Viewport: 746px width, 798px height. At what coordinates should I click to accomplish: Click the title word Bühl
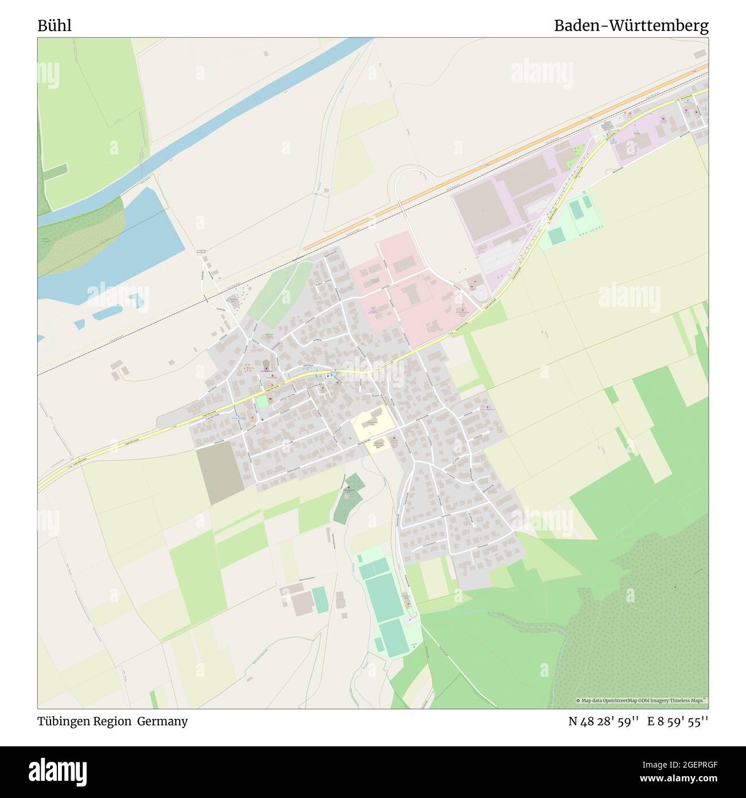tap(55, 26)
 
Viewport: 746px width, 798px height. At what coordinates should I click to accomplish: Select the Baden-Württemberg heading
tap(631, 26)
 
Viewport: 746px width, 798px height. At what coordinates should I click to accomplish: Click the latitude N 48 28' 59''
tap(603, 722)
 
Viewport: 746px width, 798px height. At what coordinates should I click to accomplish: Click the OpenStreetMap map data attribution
tap(642, 700)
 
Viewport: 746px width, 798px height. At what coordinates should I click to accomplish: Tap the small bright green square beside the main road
tap(262, 401)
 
